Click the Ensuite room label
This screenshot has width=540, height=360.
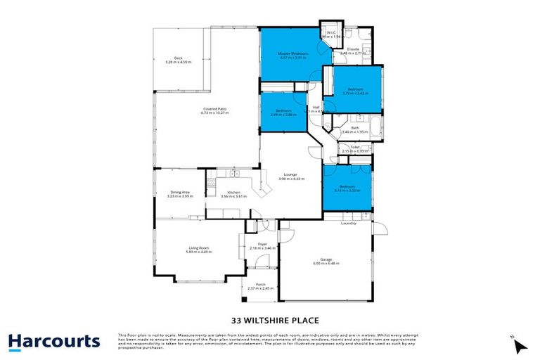[353, 49]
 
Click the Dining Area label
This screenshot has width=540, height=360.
[180, 191]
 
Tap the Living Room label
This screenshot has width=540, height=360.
[199, 247]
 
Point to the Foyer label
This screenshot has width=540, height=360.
[262, 244]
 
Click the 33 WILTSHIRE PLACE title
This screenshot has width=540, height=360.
[270, 316]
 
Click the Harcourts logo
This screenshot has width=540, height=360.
[54, 342]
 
